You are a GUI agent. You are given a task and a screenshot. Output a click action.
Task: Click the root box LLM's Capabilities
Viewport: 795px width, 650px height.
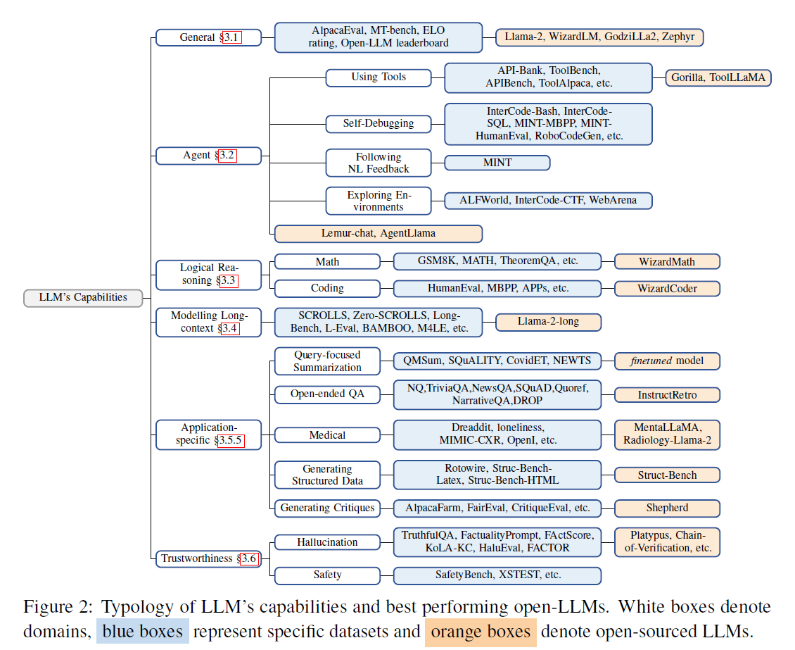[x=83, y=297]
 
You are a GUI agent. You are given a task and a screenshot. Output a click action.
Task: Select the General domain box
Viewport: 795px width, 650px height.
[x=208, y=37]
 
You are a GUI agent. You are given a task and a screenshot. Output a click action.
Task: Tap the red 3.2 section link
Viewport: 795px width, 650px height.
[x=228, y=155]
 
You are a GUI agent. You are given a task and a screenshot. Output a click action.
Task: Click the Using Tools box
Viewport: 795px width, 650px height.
[x=379, y=77]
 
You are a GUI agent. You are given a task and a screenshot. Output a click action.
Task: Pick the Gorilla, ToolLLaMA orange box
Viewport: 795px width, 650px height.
[x=718, y=77]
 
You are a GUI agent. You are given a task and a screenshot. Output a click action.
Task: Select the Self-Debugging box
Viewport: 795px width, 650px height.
[x=379, y=123]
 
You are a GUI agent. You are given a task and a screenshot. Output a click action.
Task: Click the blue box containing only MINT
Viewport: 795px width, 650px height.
[x=497, y=163]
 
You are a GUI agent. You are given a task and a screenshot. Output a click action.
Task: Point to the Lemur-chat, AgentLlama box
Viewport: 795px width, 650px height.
[x=378, y=233]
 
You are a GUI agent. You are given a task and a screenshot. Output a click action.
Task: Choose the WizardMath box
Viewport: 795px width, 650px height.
[x=667, y=262]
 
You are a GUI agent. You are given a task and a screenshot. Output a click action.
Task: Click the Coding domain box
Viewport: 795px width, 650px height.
[x=327, y=288]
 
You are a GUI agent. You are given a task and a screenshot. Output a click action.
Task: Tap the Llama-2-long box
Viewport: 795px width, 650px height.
[x=548, y=322]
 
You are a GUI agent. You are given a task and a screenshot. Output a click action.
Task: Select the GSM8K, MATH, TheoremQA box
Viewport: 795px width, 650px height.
[x=497, y=261]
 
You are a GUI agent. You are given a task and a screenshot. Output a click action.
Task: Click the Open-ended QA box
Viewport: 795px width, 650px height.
[x=327, y=394]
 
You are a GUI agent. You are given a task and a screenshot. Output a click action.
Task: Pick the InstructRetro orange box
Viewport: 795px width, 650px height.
[x=667, y=394]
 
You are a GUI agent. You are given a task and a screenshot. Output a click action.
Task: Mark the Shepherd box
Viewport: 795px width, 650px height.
[x=667, y=508]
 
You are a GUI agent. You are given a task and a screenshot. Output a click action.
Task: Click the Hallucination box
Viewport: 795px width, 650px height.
[x=327, y=542]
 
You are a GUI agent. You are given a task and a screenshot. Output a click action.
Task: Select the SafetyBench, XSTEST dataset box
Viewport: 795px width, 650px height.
[x=497, y=575]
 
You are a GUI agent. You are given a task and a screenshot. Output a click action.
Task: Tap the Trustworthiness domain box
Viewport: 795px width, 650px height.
[x=208, y=558]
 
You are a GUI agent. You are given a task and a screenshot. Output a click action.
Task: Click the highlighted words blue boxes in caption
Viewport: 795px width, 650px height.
[x=143, y=632]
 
